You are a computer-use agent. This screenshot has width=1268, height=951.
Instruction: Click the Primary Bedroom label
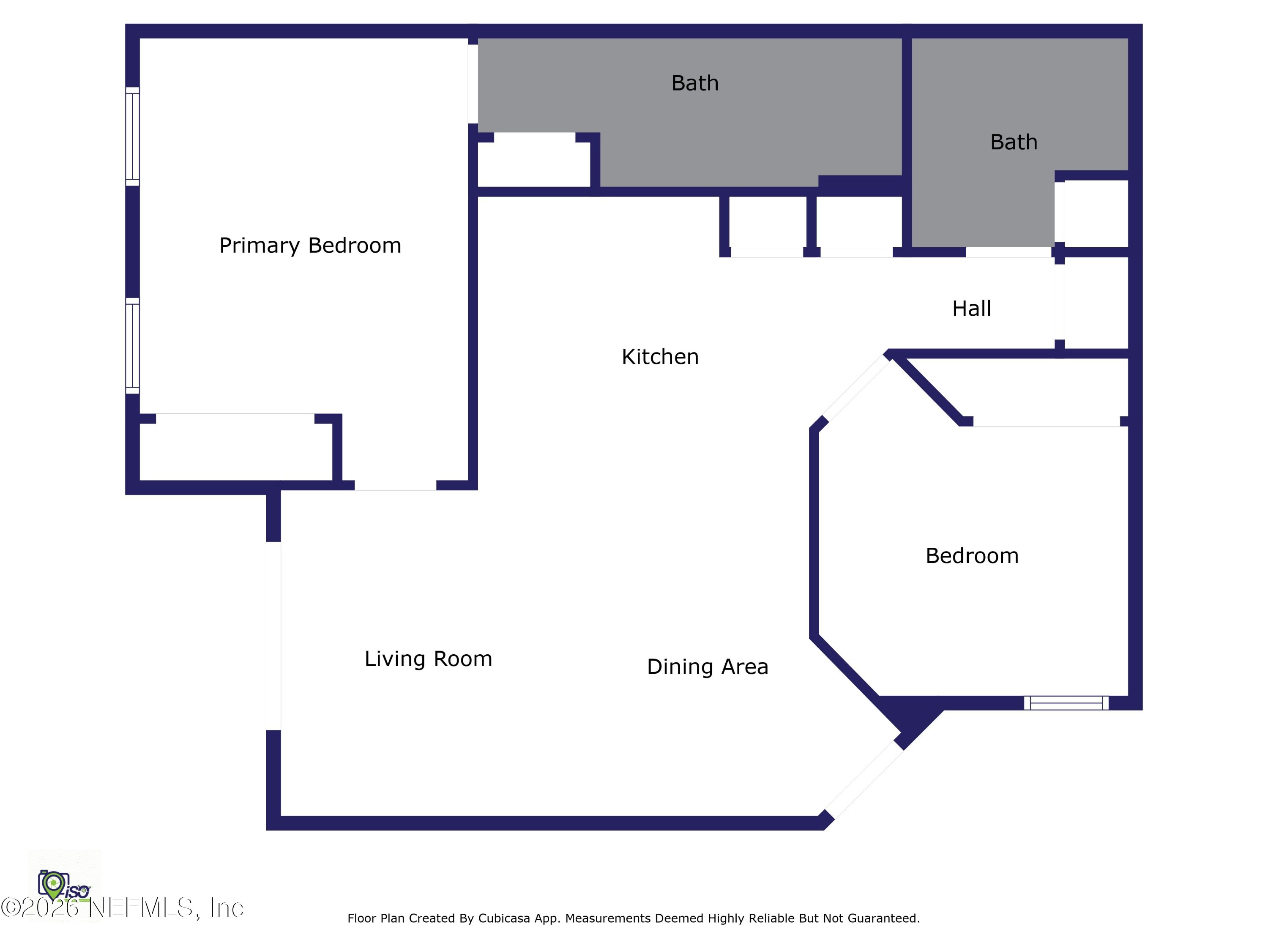click(310, 245)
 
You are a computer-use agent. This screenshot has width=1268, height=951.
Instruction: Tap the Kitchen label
click(660, 357)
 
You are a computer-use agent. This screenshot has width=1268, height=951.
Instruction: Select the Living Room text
click(428, 659)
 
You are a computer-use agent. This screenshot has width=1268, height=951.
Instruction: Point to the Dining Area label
click(708, 667)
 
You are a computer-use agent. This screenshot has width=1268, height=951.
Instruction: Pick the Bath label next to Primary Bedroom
click(695, 83)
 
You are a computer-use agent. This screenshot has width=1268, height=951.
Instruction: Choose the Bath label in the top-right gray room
click(1014, 142)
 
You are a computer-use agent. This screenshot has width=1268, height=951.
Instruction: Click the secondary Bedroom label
click(972, 555)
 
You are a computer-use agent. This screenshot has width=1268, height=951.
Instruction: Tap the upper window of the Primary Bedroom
click(132, 137)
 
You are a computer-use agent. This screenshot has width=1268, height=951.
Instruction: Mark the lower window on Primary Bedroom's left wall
click(132, 346)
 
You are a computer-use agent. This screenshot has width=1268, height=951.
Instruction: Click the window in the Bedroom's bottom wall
click(1066, 703)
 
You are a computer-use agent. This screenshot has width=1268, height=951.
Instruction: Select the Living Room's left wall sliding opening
click(273, 636)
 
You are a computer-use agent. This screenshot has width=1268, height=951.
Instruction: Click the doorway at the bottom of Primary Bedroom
click(396, 486)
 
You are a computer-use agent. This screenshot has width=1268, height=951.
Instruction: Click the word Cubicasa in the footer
click(504, 918)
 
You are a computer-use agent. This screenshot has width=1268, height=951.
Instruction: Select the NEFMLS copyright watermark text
click(122, 907)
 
